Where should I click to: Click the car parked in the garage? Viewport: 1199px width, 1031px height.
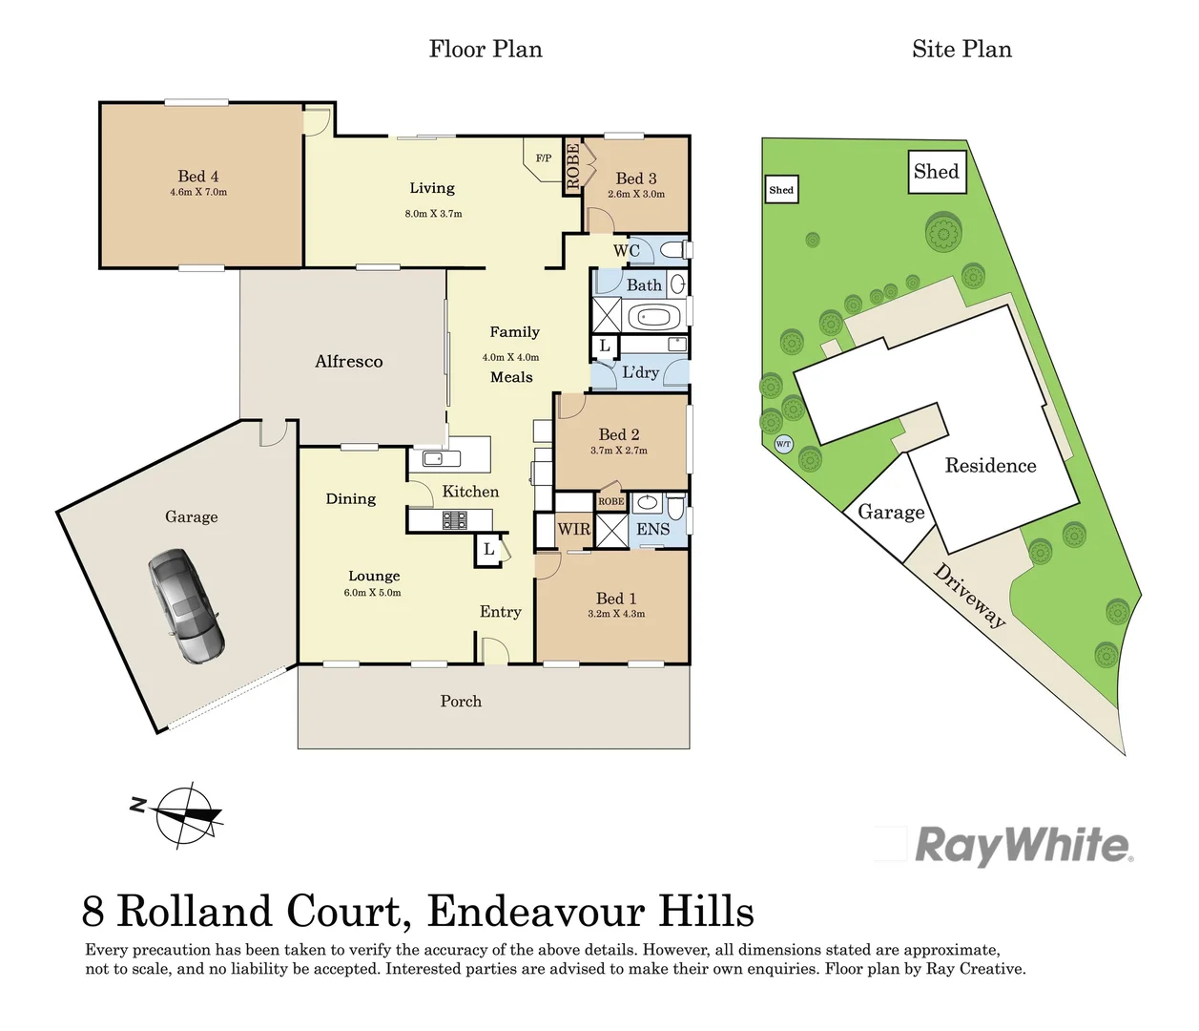(x=186, y=606)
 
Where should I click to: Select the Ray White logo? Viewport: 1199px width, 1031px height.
(x=1023, y=846)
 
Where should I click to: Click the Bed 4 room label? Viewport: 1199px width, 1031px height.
(x=198, y=177)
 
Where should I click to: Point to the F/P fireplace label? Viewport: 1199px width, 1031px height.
(x=543, y=158)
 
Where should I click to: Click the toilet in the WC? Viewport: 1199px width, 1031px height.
(x=673, y=250)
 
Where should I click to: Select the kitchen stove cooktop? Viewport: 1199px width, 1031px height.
(x=454, y=520)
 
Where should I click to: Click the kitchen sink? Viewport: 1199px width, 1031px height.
(x=435, y=459)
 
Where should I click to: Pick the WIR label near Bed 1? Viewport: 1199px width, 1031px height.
(x=573, y=529)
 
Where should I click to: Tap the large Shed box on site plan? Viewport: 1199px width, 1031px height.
(x=936, y=172)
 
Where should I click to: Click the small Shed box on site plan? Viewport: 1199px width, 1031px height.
(x=781, y=190)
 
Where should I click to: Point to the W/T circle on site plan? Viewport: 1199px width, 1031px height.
(x=783, y=444)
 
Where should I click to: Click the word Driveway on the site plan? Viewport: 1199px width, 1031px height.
(x=969, y=596)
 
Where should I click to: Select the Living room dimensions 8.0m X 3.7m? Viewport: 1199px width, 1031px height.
(x=433, y=214)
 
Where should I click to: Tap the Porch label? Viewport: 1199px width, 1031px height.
(x=461, y=702)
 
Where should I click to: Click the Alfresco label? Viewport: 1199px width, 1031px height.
(x=349, y=362)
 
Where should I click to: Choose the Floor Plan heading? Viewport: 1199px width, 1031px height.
(x=486, y=50)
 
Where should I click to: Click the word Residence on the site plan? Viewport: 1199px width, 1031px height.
(x=990, y=466)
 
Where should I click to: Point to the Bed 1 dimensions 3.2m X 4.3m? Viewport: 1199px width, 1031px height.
(x=616, y=614)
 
